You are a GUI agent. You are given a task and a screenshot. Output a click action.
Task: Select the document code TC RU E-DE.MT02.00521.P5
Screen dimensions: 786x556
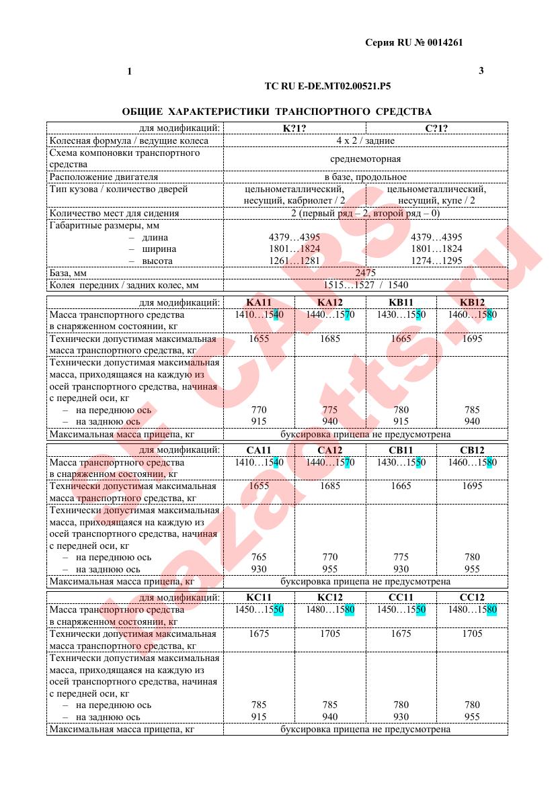click(x=328, y=87)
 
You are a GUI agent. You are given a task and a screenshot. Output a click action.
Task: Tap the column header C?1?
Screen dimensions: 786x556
click(x=436, y=128)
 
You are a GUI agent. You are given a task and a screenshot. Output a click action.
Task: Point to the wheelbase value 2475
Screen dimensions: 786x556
click(x=365, y=273)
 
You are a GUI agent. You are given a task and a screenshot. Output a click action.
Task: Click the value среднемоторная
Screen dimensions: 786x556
click(x=365, y=159)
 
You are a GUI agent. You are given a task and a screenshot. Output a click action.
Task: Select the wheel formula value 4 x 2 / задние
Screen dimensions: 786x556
click(x=365, y=140)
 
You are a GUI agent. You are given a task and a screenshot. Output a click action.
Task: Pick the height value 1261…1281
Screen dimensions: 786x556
click(x=294, y=261)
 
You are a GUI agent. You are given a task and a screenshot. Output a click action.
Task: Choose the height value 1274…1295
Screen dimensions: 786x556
click(x=436, y=261)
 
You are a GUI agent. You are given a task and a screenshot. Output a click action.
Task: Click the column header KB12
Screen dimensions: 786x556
click(x=472, y=302)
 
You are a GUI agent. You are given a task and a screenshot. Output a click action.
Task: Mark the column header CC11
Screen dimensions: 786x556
click(x=401, y=597)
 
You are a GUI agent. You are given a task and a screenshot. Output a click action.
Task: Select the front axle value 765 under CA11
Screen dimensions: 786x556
click(x=258, y=557)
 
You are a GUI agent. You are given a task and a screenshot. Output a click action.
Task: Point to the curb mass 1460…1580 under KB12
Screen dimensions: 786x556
click(x=472, y=314)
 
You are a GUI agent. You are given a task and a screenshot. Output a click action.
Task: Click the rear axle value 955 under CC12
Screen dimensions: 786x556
click(x=472, y=717)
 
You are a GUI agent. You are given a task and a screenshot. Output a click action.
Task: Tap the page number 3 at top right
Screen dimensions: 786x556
click(x=481, y=71)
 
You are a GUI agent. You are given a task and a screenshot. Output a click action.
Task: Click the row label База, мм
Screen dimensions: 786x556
click(x=69, y=273)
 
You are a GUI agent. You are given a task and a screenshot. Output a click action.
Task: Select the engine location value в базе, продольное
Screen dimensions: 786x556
click(x=365, y=177)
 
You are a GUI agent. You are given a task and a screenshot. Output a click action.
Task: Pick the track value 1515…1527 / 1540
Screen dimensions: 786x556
click(x=365, y=285)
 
